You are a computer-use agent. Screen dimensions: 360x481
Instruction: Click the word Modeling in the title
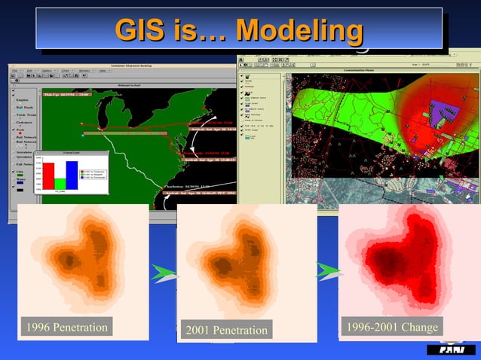click(x=299, y=31)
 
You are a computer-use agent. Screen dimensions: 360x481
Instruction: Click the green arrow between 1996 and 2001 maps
click(x=164, y=273)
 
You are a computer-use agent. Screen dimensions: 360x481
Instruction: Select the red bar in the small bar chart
click(x=47, y=175)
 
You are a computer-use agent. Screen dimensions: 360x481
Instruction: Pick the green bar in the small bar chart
click(x=60, y=183)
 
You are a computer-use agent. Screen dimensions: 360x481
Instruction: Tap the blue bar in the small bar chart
click(x=71, y=175)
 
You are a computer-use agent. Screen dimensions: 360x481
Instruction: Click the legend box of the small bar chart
click(x=94, y=175)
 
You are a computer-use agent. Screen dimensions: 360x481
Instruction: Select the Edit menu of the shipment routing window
click(x=29, y=71)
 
